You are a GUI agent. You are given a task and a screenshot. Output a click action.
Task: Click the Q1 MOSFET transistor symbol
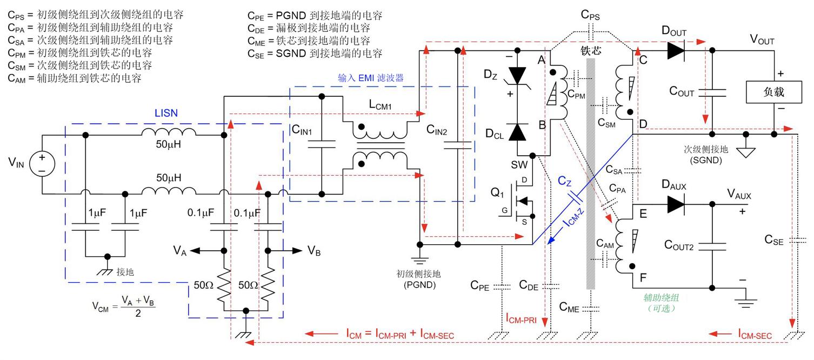522,202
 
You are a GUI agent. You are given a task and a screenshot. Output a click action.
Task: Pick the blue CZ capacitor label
564,183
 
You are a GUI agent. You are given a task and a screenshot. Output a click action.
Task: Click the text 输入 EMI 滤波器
366,78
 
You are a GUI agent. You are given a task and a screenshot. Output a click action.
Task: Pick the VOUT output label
762,41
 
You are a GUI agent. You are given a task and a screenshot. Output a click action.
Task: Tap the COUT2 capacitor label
682,245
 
